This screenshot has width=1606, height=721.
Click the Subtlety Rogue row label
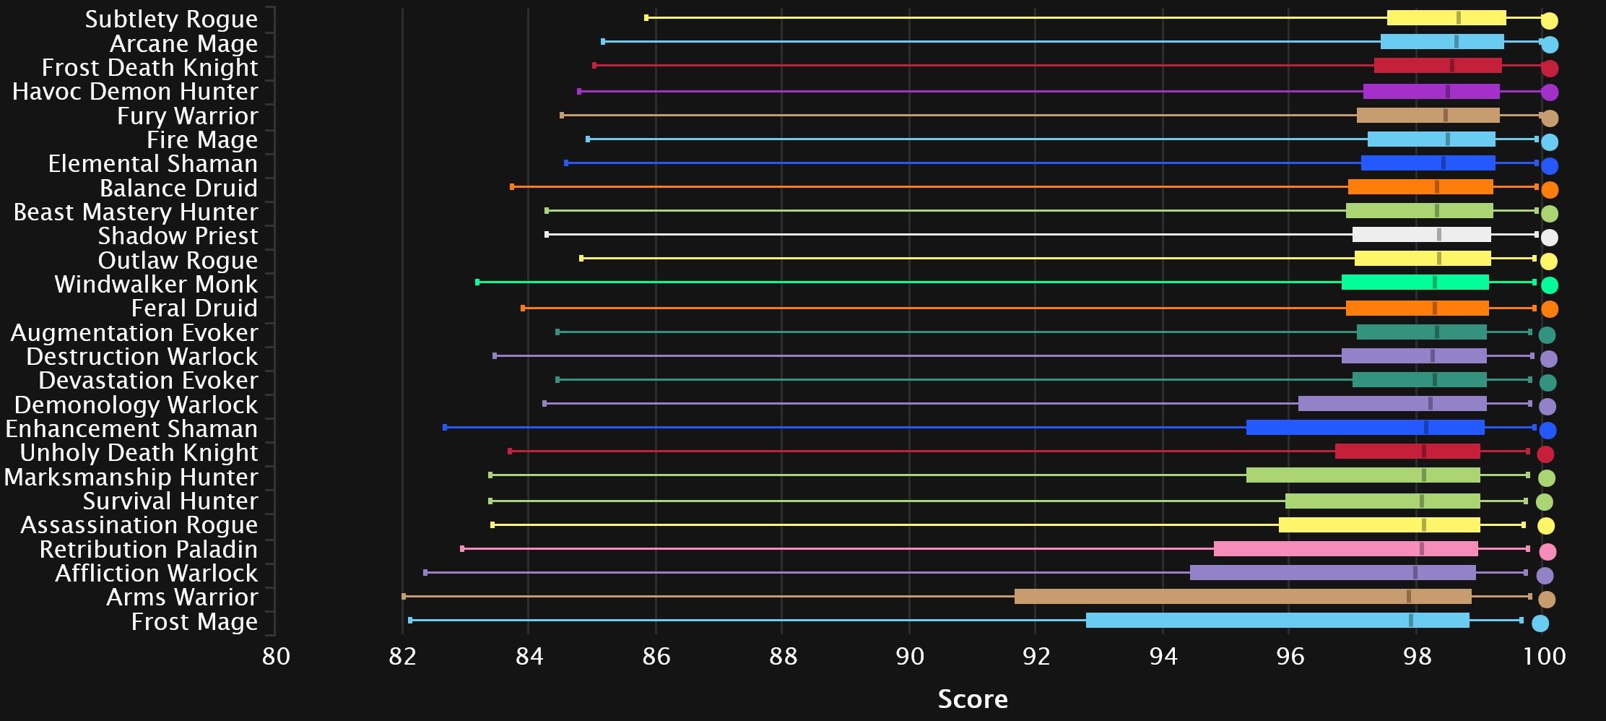(x=170, y=20)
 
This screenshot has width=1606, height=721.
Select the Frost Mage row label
(x=194, y=622)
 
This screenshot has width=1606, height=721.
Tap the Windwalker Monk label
(x=155, y=285)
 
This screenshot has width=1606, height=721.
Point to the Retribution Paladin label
(x=148, y=550)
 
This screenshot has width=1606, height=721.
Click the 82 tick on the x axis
(x=402, y=657)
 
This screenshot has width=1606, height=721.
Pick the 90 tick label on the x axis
(x=909, y=657)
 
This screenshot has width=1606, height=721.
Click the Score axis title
(x=972, y=699)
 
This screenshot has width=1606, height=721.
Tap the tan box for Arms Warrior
(x=1242, y=597)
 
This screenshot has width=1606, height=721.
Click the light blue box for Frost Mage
(x=1277, y=621)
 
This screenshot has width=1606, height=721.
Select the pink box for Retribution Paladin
(x=1345, y=549)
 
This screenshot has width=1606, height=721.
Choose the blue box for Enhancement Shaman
(x=1365, y=428)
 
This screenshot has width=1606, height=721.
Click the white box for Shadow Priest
(x=1421, y=235)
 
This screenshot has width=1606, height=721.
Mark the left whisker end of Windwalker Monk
(x=477, y=282)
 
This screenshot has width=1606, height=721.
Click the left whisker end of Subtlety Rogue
(x=646, y=18)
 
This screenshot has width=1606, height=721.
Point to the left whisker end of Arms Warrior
(x=404, y=597)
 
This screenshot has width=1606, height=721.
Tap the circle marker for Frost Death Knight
(x=1549, y=69)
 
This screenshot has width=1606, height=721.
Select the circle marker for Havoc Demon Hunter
(x=1549, y=92)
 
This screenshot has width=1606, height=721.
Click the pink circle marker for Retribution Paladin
(x=1548, y=552)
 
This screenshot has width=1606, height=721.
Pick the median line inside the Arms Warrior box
(x=1408, y=597)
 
